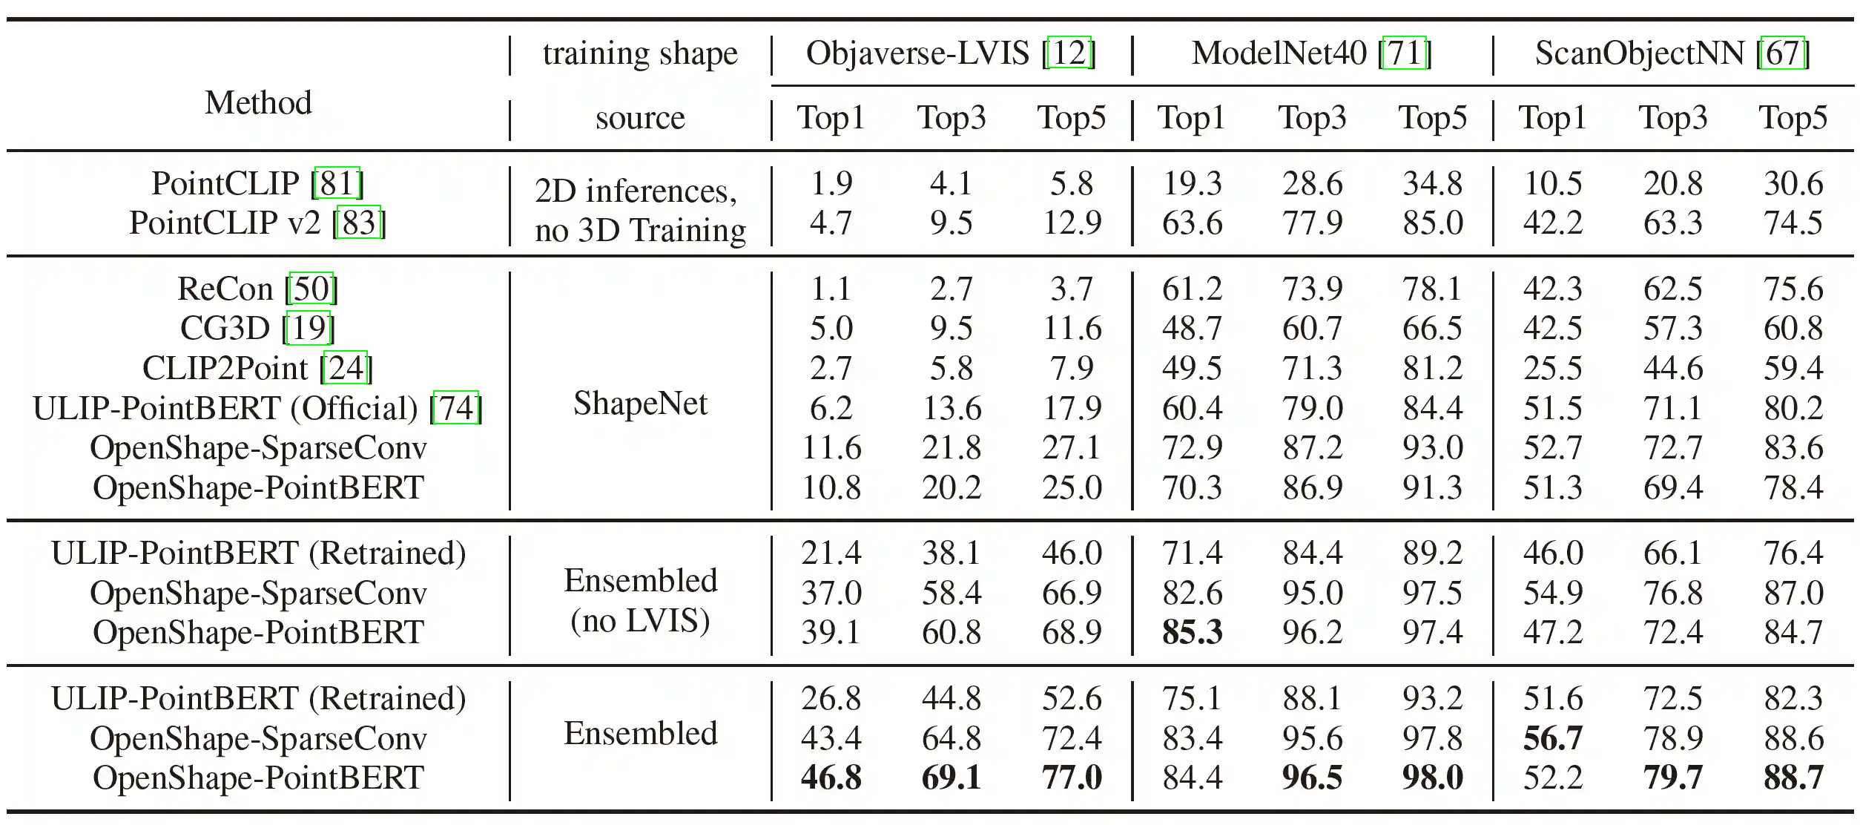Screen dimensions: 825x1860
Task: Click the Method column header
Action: (x=258, y=102)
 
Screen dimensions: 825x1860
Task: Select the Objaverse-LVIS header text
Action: (x=917, y=53)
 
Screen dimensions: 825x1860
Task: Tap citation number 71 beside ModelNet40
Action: (x=1405, y=53)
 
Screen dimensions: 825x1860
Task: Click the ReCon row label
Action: (x=225, y=289)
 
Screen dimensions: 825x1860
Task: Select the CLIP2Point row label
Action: (x=224, y=368)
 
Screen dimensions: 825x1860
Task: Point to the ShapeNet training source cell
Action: (x=640, y=404)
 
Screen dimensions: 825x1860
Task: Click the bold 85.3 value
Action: (x=1192, y=633)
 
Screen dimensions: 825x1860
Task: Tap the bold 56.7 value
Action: (x=1552, y=739)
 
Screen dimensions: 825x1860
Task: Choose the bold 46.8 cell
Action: (x=831, y=778)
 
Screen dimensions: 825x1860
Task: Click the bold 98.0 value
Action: (x=1432, y=778)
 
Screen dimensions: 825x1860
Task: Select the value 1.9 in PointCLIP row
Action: (x=831, y=183)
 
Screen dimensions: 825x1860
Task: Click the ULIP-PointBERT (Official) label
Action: (x=225, y=409)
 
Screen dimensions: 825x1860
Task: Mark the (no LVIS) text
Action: (x=640, y=621)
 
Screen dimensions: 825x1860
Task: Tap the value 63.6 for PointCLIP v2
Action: (x=1192, y=223)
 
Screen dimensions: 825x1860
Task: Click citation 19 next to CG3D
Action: (x=309, y=328)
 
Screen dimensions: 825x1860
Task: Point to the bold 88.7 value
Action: (x=1793, y=778)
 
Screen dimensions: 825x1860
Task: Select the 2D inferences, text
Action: (x=636, y=191)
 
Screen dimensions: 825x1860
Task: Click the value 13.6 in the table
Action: (x=952, y=409)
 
